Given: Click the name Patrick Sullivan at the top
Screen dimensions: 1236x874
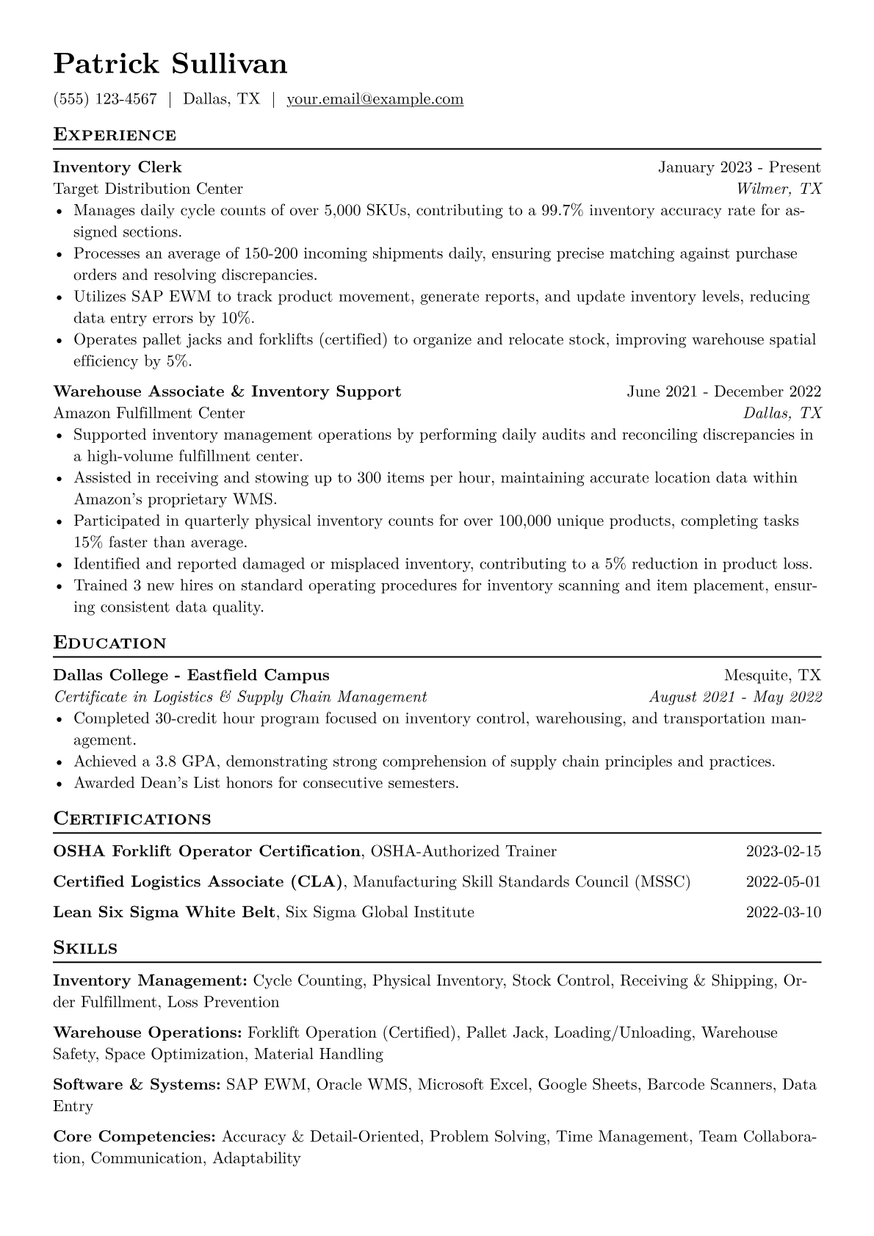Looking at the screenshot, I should [170, 65].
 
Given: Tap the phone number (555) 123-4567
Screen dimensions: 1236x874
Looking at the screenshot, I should [105, 99].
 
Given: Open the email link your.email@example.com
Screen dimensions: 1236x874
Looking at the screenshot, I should [375, 99].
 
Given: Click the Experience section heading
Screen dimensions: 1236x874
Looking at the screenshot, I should [115, 135].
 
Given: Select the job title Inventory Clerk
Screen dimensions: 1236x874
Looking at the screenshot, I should [118, 167].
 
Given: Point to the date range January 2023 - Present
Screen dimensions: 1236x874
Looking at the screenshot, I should [739, 167].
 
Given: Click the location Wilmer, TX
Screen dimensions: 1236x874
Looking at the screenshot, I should [779, 189].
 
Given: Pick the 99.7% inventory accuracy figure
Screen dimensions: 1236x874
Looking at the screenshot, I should [562, 211].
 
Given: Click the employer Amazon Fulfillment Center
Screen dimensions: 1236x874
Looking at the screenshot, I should [149, 413].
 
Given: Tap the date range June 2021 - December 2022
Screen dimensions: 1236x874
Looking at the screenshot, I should [723, 391].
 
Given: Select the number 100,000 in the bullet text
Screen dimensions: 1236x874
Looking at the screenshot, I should [524, 521].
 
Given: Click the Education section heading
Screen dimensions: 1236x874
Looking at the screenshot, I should [110, 643].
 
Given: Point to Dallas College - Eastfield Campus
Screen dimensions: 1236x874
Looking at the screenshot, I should [191, 675].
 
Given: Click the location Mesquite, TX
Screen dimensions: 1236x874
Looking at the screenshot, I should [772, 675].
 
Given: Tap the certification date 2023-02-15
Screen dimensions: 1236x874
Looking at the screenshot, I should [783, 852].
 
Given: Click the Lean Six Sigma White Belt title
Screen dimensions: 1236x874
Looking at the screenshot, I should [165, 912].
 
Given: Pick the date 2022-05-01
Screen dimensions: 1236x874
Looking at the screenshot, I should [783, 882].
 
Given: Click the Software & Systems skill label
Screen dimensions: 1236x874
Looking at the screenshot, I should [137, 1085].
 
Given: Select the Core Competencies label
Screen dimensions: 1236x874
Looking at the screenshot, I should [134, 1137].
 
